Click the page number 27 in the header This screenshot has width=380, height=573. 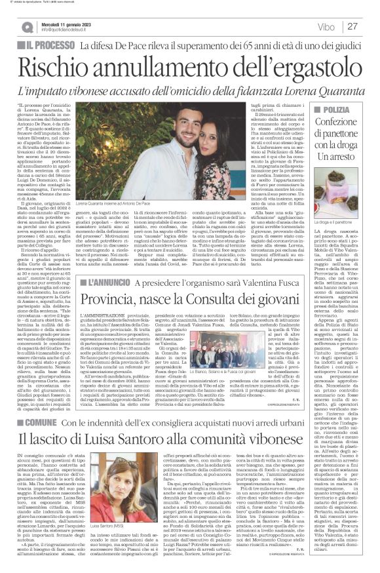[352, 26]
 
